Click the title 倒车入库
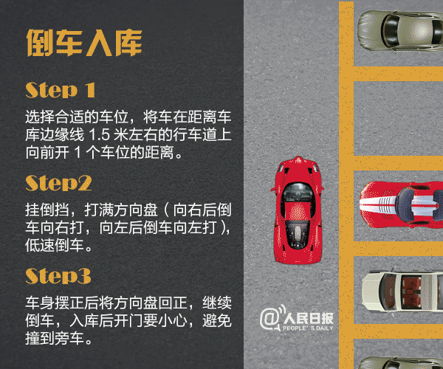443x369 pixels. (x=83, y=43)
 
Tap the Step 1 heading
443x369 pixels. (x=61, y=91)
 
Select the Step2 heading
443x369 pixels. (x=58, y=183)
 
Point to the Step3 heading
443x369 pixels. (x=58, y=276)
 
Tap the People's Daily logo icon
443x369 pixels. (x=269, y=319)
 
